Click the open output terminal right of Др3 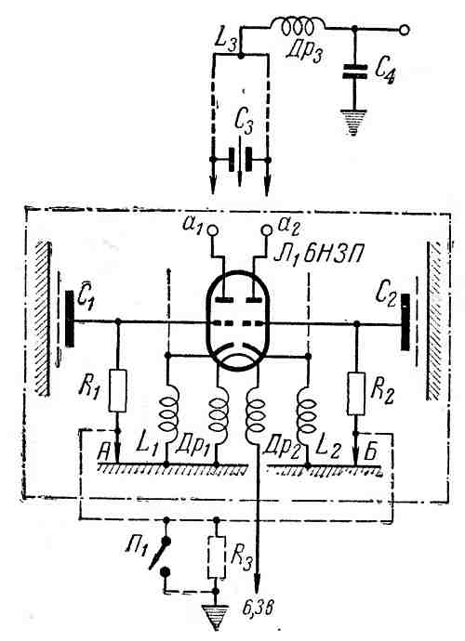(x=404, y=29)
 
